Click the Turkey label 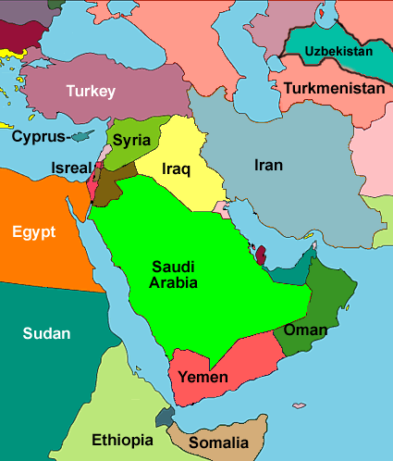click(x=90, y=91)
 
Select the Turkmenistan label click(x=334, y=89)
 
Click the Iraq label click(x=176, y=169)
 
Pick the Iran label click(x=269, y=166)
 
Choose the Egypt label click(x=34, y=231)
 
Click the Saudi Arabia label click(x=174, y=274)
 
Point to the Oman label click(x=305, y=330)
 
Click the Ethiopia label click(x=122, y=440)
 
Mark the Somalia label click(x=218, y=442)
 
